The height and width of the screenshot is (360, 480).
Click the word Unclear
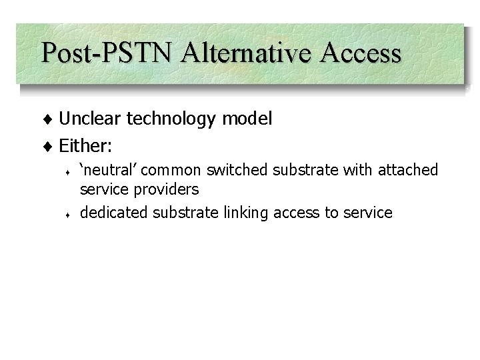pos(91,119)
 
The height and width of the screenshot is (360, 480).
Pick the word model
pos(245,119)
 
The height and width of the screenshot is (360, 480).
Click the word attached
pos(408,170)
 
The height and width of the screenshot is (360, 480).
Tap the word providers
pos(165,190)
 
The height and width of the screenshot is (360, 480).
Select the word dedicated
pos(113,213)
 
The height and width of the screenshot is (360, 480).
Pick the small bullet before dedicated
pos(69,215)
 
